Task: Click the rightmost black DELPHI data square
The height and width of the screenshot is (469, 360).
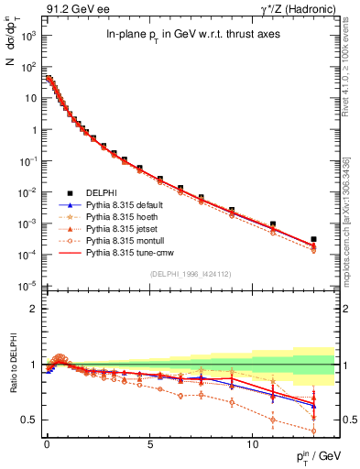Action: [314, 239]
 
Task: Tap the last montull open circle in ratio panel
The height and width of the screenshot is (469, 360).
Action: [314, 431]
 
